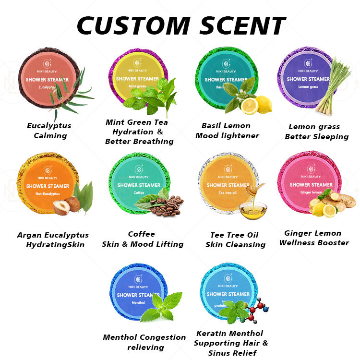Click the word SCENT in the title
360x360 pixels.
[238, 25]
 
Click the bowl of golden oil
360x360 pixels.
[253, 210]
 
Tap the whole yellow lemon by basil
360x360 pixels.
[263, 105]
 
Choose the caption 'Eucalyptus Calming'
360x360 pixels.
[49, 131]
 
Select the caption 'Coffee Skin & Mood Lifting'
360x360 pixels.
[143, 239]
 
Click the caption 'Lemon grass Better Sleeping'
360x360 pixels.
[316, 132]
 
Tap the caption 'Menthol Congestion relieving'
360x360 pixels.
[144, 342]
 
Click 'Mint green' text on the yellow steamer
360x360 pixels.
[137, 86]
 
